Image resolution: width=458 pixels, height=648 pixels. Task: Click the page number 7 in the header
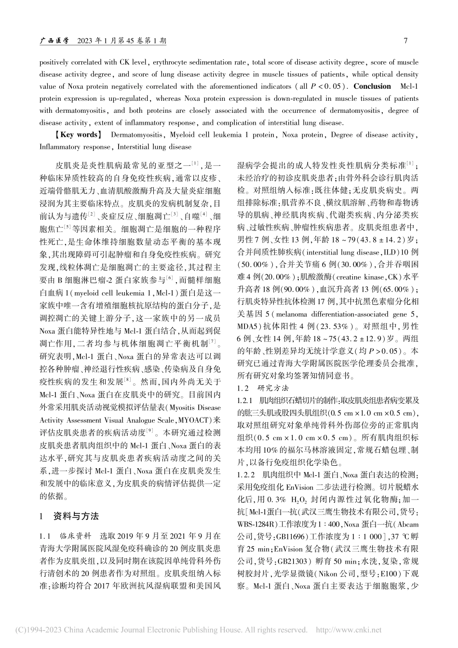click(x=405, y=41)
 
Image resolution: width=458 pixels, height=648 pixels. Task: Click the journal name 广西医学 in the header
click(x=54, y=41)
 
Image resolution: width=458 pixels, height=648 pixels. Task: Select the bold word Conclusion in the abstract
click(x=372, y=86)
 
